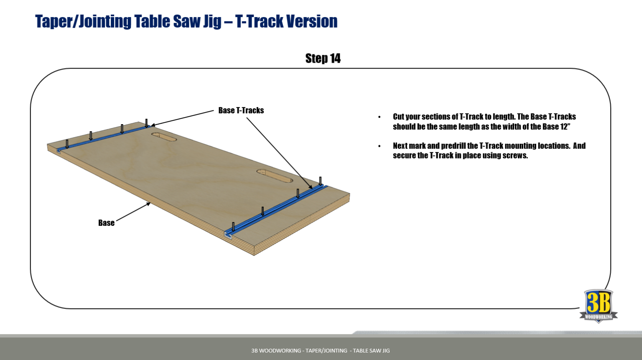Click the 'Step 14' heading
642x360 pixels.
[x=323, y=58]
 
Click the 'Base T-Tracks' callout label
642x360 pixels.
[x=241, y=110]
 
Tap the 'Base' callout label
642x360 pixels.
[x=106, y=223]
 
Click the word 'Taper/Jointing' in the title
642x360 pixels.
[x=83, y=21]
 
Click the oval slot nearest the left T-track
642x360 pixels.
[x=164, y=137]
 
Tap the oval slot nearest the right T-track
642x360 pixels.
[x=275, y=176]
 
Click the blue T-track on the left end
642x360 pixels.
[x=104, y=137]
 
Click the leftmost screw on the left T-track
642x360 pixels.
[x=67, y=144]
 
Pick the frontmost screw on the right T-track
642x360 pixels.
[x=233, y=227]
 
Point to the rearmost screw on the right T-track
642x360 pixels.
[x=321, y=181]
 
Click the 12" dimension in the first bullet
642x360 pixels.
[x=565, y=127]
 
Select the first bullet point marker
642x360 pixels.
[x=380, y=117]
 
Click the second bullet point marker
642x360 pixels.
[x=380, y=146]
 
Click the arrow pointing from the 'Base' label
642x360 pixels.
[x=134, y=212]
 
